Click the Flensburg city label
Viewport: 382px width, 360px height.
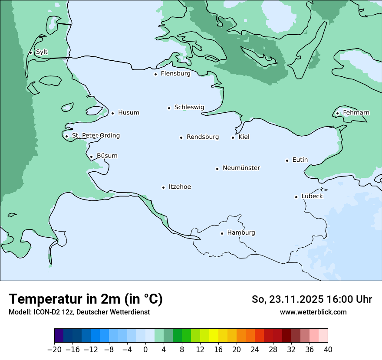(175, 74)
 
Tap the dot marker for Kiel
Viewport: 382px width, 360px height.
(233, 137)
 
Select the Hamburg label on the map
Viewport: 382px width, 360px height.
(241, 233)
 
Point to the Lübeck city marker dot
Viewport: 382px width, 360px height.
(296, 197)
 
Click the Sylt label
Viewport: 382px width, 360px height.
(42, 52)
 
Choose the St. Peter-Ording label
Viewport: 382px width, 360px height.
(95, 136)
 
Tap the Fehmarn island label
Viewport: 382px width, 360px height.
(356, 113)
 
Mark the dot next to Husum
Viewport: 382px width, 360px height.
(112, 113)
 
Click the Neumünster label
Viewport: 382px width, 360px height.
(241, 168)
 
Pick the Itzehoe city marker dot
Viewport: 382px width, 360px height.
(164, 187)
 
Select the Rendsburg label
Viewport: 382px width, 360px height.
(203, 137)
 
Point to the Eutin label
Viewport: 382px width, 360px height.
(300, 160)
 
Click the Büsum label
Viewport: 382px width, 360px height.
(107, 156)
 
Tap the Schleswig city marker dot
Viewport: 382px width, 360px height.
(169, 108)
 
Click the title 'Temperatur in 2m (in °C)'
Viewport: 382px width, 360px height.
(86, 299)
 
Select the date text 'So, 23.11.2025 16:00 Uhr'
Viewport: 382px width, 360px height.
(312, 299)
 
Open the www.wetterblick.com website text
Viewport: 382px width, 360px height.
(313, 312)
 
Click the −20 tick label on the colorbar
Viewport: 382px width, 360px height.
(54, 350)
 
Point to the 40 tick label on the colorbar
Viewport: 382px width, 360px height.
(328, 350)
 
